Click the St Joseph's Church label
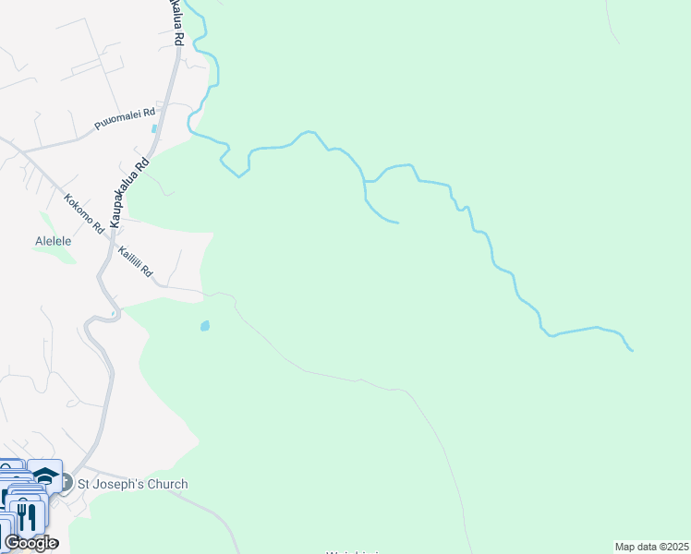coord(132,484)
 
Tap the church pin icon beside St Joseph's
coord(66,482)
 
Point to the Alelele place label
coord(54,241)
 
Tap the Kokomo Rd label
coord(83,211)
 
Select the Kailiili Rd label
coord(134,263)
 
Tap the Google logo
coord(30,542)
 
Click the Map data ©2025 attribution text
coord(651,547)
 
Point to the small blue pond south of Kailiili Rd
coord(204,325)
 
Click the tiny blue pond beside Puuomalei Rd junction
coord(153,128)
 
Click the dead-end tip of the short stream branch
coord(397,223)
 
